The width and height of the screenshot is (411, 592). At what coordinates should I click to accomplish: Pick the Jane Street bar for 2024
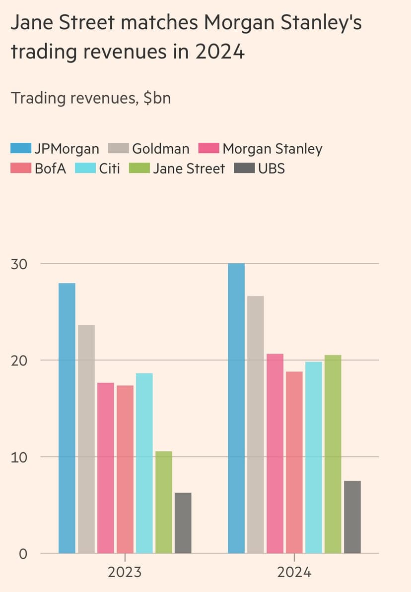333,454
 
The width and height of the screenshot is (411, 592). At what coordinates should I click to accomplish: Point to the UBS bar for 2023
183,523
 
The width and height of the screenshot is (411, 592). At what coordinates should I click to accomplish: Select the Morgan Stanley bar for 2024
275,453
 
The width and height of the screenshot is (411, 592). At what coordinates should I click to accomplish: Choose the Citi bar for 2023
144,463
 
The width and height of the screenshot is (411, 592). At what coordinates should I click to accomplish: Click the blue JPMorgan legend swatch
21,149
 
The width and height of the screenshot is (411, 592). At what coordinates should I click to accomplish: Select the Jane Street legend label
189,169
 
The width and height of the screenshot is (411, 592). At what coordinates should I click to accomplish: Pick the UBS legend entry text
271,169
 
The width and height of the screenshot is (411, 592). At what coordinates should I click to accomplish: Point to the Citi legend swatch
85,169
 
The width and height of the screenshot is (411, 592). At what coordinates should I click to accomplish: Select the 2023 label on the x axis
125,572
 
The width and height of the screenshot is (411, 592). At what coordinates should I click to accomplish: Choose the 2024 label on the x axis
294,572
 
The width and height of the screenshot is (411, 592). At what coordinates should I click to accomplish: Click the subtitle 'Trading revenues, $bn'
91,98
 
